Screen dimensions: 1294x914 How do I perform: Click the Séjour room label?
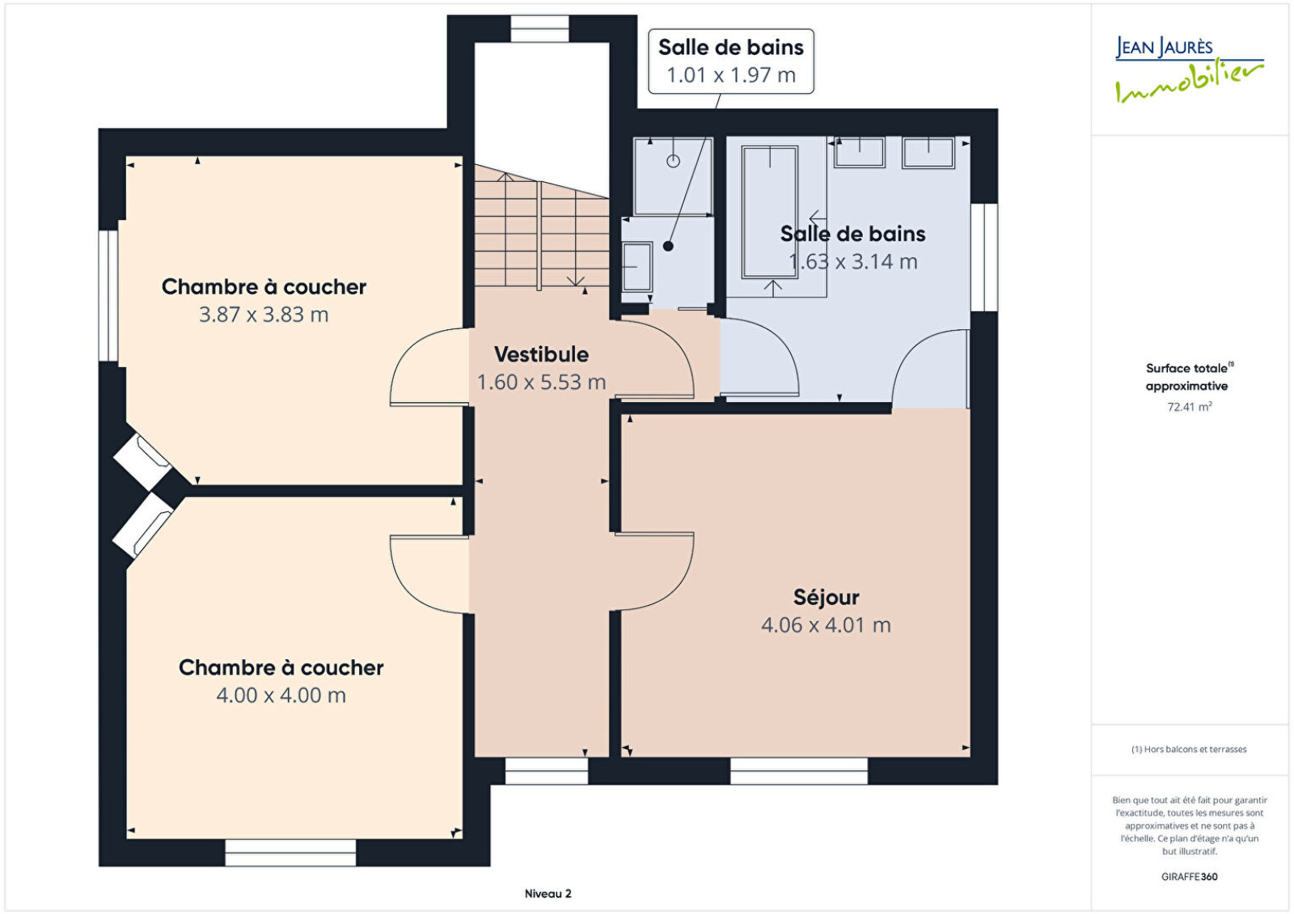[x=826, y=598]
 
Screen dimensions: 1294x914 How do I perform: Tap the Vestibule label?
[x=541, y=354]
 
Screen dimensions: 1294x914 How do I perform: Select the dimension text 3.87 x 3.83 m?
[x=264, y=315]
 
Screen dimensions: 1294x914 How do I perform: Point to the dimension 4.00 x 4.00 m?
[x=281, y=695]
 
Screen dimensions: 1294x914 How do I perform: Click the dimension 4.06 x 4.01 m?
[x=826, y=624]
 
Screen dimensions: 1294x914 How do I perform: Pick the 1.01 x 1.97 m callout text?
[x=731, y=75]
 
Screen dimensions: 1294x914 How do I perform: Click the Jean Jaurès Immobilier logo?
[x=1189, y=69]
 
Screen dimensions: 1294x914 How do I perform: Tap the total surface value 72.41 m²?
[x=1190, y=407]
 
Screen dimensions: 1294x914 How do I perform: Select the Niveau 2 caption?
[x=548, y=894]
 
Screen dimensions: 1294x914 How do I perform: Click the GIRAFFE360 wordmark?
[x=1190, y=877]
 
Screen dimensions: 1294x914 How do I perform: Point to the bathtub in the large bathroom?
[x=769, y=212]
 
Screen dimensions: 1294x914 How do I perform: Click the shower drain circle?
[x=673, y=161]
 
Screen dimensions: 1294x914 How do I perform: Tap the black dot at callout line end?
[x=668, y=246]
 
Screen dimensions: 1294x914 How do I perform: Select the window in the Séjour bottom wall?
[x=799, y=771]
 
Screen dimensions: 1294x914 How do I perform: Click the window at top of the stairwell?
[x=539, y=29]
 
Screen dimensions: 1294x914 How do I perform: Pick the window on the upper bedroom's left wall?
[x=108, y=296]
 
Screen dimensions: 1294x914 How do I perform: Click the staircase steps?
[x=542, y=228]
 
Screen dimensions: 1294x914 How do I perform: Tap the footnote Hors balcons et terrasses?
[x=1189, y=749]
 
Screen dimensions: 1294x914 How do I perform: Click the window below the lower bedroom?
[x=290, y=853]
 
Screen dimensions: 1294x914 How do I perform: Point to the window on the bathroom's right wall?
[x=984, y=258]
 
